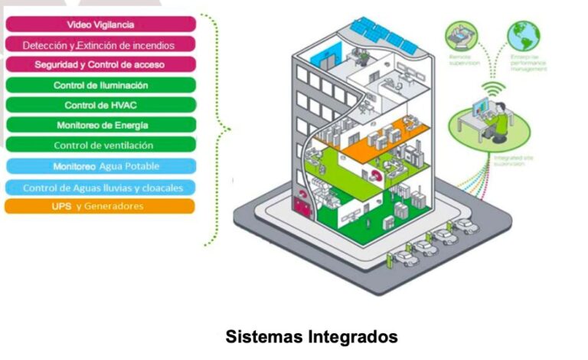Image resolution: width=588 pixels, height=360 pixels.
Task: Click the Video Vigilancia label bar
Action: pos(100,25)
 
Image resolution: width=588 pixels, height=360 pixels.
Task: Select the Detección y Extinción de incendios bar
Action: pos(100,45)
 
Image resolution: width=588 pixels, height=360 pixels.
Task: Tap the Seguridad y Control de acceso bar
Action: pos(100,65)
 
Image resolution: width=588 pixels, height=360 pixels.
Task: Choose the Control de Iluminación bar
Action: pos(100,85)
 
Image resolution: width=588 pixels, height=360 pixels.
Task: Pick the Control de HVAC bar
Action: pos(100,105)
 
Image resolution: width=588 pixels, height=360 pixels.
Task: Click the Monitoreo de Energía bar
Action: pos(100,125)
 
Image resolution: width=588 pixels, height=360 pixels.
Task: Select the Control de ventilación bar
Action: pos(100,145)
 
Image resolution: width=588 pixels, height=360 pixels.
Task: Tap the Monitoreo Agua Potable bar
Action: pos(100,166)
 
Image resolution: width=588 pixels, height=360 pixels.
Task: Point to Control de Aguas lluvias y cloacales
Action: pos(100,187)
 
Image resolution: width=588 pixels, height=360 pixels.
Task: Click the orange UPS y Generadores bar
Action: pos(100,206)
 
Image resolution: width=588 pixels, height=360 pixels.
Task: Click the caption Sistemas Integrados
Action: pos(312,336)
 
